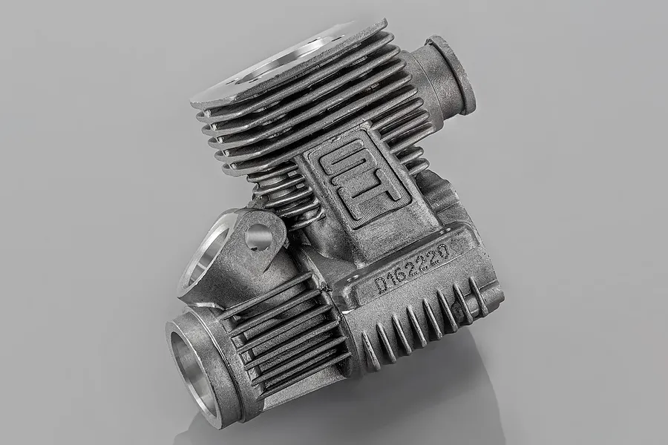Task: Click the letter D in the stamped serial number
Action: click(x=381, y=284)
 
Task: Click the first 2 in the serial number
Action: click(x=413, y=267)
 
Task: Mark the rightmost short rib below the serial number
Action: click(x=478, y=296)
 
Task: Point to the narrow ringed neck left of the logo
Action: click(x=286, y=197)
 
